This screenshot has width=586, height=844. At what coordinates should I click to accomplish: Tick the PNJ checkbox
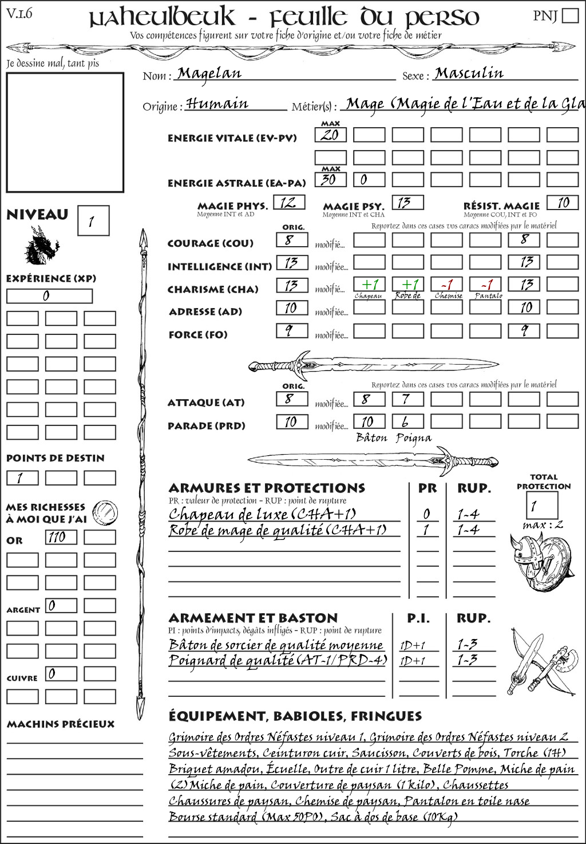570,15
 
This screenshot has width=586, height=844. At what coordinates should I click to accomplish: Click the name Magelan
209,73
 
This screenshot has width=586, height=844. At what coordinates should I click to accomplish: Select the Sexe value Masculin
469,73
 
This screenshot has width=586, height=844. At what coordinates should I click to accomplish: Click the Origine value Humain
217,104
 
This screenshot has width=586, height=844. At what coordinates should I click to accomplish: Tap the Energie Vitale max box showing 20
330,135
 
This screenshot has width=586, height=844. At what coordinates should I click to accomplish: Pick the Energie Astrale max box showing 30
330,179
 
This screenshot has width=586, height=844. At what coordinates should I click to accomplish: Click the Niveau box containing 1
93,221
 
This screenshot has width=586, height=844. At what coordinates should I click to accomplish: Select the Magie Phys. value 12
289,203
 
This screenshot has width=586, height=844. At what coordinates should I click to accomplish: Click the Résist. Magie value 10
563,203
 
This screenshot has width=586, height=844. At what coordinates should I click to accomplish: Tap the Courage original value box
292,240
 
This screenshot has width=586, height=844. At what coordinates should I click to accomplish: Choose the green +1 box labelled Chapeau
369,285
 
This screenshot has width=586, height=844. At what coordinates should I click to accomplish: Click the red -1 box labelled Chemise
447,285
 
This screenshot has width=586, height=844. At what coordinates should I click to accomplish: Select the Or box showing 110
61,537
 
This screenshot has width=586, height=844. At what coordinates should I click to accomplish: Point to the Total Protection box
541,505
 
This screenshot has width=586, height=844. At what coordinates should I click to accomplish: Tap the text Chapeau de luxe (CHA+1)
262,514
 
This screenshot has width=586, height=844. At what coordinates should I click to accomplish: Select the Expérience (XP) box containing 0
49,296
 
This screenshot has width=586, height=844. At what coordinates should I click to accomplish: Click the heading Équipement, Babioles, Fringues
295,716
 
